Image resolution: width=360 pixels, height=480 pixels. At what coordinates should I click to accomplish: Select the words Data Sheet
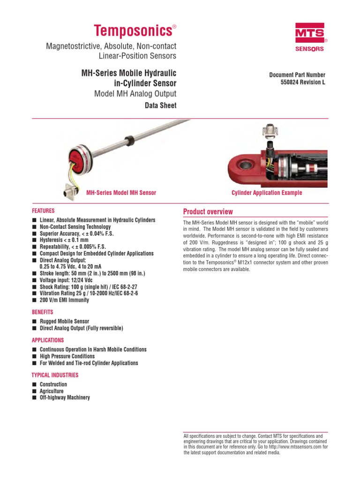tap(161, 105)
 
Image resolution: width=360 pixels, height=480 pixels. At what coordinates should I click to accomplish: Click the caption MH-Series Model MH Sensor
tap(121, 193)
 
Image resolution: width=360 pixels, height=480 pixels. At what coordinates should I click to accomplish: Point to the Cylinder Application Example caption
tap(267, 193)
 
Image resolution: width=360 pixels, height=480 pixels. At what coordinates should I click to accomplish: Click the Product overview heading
tap(208, 212)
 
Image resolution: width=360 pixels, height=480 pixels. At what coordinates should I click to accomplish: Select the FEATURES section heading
tap(43, 211)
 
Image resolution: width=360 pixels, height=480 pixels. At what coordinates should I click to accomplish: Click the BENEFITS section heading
tap(42, 312)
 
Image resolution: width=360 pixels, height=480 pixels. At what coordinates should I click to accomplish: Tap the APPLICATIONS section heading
tap(48, 340)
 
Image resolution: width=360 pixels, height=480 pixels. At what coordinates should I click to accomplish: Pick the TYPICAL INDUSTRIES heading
tap(55, 375)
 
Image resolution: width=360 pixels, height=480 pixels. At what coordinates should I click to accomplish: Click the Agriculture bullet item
tap(52, 391)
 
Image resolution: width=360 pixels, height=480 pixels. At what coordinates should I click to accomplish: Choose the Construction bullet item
tap(53, 384)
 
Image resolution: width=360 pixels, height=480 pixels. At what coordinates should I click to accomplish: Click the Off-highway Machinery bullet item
tap(65, 397)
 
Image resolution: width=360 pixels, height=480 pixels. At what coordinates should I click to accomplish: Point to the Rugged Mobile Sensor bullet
tap(64, 322)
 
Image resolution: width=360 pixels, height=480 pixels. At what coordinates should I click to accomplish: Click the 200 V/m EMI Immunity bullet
tap(64, 300)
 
